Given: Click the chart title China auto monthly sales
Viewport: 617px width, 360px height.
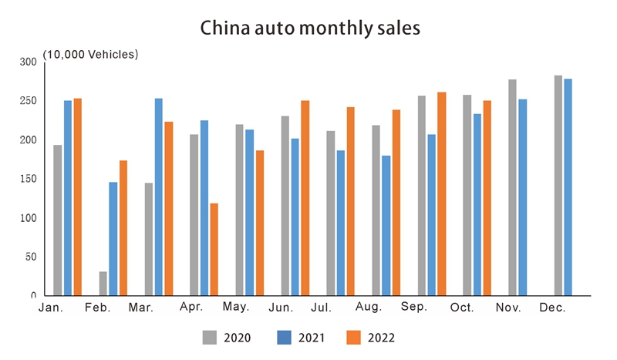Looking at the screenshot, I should [x=309, y=29].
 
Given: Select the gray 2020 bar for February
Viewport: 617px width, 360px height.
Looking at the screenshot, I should [x=103, y=284].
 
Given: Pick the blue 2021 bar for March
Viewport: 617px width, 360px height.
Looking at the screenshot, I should [x=159, y=197].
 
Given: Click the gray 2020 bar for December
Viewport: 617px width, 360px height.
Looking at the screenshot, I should [x=558, y=185].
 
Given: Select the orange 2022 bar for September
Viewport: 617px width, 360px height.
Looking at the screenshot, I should [x=441, y=193].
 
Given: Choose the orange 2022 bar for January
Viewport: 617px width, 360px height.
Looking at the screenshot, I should [x=77, y=197].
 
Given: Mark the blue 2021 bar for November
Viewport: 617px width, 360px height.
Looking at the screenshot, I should [x=522, y=197].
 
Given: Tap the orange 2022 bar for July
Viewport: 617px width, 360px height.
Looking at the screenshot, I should [x=350, y=201].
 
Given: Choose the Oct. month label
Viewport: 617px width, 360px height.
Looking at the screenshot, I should [x=462, y=308].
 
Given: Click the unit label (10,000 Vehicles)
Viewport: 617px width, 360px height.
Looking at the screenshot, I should [x=90, y=54].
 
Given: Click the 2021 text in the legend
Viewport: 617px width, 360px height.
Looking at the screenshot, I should [x=311, y=337].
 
